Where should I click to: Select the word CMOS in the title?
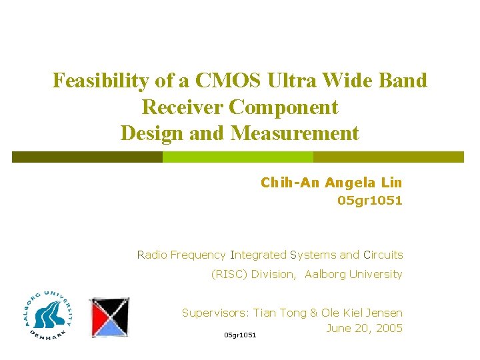(225, 81)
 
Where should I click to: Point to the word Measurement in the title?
(295, 133)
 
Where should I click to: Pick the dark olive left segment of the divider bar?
(87, 157)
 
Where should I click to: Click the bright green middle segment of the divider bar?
(238, 157)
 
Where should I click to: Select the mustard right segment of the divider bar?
(388, 157)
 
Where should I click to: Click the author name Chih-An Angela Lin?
(331, 183)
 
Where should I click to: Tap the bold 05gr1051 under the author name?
(370, 201)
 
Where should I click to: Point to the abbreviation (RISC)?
(229, 274)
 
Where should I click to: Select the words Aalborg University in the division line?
(353, 274)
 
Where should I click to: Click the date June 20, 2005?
(365, 328)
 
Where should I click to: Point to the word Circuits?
(383, 255)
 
